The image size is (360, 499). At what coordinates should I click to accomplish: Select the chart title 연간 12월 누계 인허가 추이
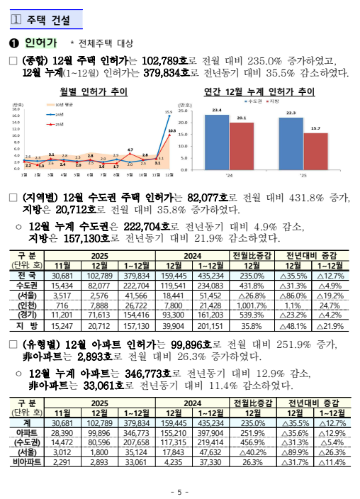(x=259, y=91)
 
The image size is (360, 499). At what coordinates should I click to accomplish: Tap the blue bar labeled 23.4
(x=216, y=142)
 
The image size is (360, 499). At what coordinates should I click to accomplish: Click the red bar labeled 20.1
(x=241, y=146)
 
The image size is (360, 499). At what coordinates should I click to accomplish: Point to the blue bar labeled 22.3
(x=291, y=143)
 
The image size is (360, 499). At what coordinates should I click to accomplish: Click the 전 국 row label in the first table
(x=27, y=275)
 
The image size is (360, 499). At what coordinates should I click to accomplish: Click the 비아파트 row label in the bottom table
(x=27, y=461)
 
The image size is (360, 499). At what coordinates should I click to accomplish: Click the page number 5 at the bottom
(x=179, y=490)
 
